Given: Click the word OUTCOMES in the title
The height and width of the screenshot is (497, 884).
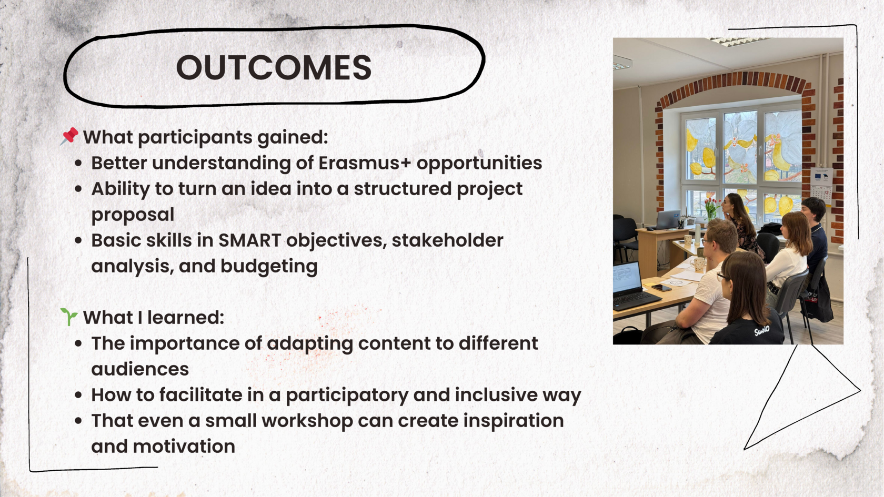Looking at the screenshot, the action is click(274, 67).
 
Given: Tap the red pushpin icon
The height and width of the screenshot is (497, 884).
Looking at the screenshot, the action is click(69, 136).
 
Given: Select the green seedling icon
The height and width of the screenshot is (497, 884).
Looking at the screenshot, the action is click(68, 317).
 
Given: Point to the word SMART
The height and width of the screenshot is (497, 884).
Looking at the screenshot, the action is click(250, 240).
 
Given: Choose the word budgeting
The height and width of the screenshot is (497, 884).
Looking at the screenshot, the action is click(269, 267).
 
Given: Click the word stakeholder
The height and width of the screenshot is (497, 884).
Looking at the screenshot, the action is click(447, 240).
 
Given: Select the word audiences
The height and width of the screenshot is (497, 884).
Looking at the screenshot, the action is click(140, 369).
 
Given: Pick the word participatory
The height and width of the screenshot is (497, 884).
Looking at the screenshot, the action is click(347, 395).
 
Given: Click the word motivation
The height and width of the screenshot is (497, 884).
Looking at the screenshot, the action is click(184, 447).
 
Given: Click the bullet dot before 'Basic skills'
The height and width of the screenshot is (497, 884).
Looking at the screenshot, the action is click(78, 240).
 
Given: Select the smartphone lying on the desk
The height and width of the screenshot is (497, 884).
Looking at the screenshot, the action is click(661, 288).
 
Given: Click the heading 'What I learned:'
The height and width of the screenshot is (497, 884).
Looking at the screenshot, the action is click(154, 318).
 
